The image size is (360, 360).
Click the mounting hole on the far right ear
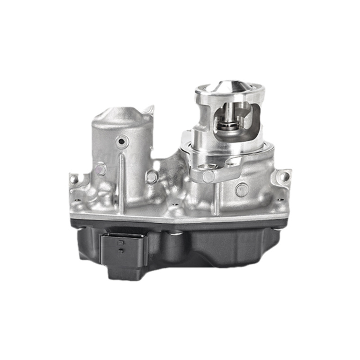click(x=284, y=176)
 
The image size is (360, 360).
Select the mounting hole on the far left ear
click(x=74, y=179)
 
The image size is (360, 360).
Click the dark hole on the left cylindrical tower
click(x=121, y=142)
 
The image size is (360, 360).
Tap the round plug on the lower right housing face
click(x=242, y=190)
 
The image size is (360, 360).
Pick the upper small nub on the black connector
click(x=120, y=242)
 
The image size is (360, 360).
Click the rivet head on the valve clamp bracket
click(x=208, y=176)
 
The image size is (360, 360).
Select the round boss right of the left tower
click(x=152, y=177)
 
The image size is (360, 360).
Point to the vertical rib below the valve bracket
click(x=216, y=198)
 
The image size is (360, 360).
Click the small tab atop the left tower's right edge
click(x=149, y=110)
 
